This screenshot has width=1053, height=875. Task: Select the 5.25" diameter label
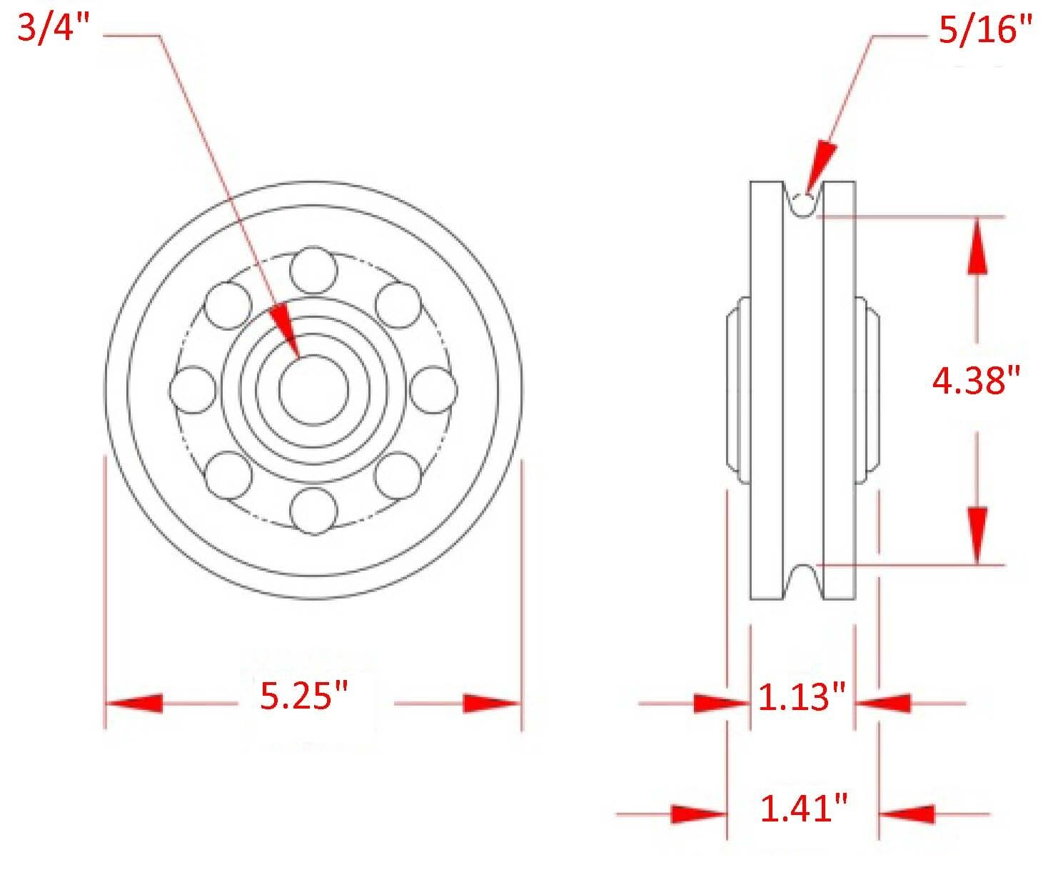click(x=304, y=696)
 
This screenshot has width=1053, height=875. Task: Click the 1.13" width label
click(x=802, y=697)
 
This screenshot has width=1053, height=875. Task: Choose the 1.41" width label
click(x=804, y=809)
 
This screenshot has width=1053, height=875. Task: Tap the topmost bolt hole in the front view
click(x=313, y=270)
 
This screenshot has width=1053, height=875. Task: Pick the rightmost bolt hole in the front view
click(x=434, y=390)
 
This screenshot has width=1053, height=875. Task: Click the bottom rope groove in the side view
click(x=803, y=579)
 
